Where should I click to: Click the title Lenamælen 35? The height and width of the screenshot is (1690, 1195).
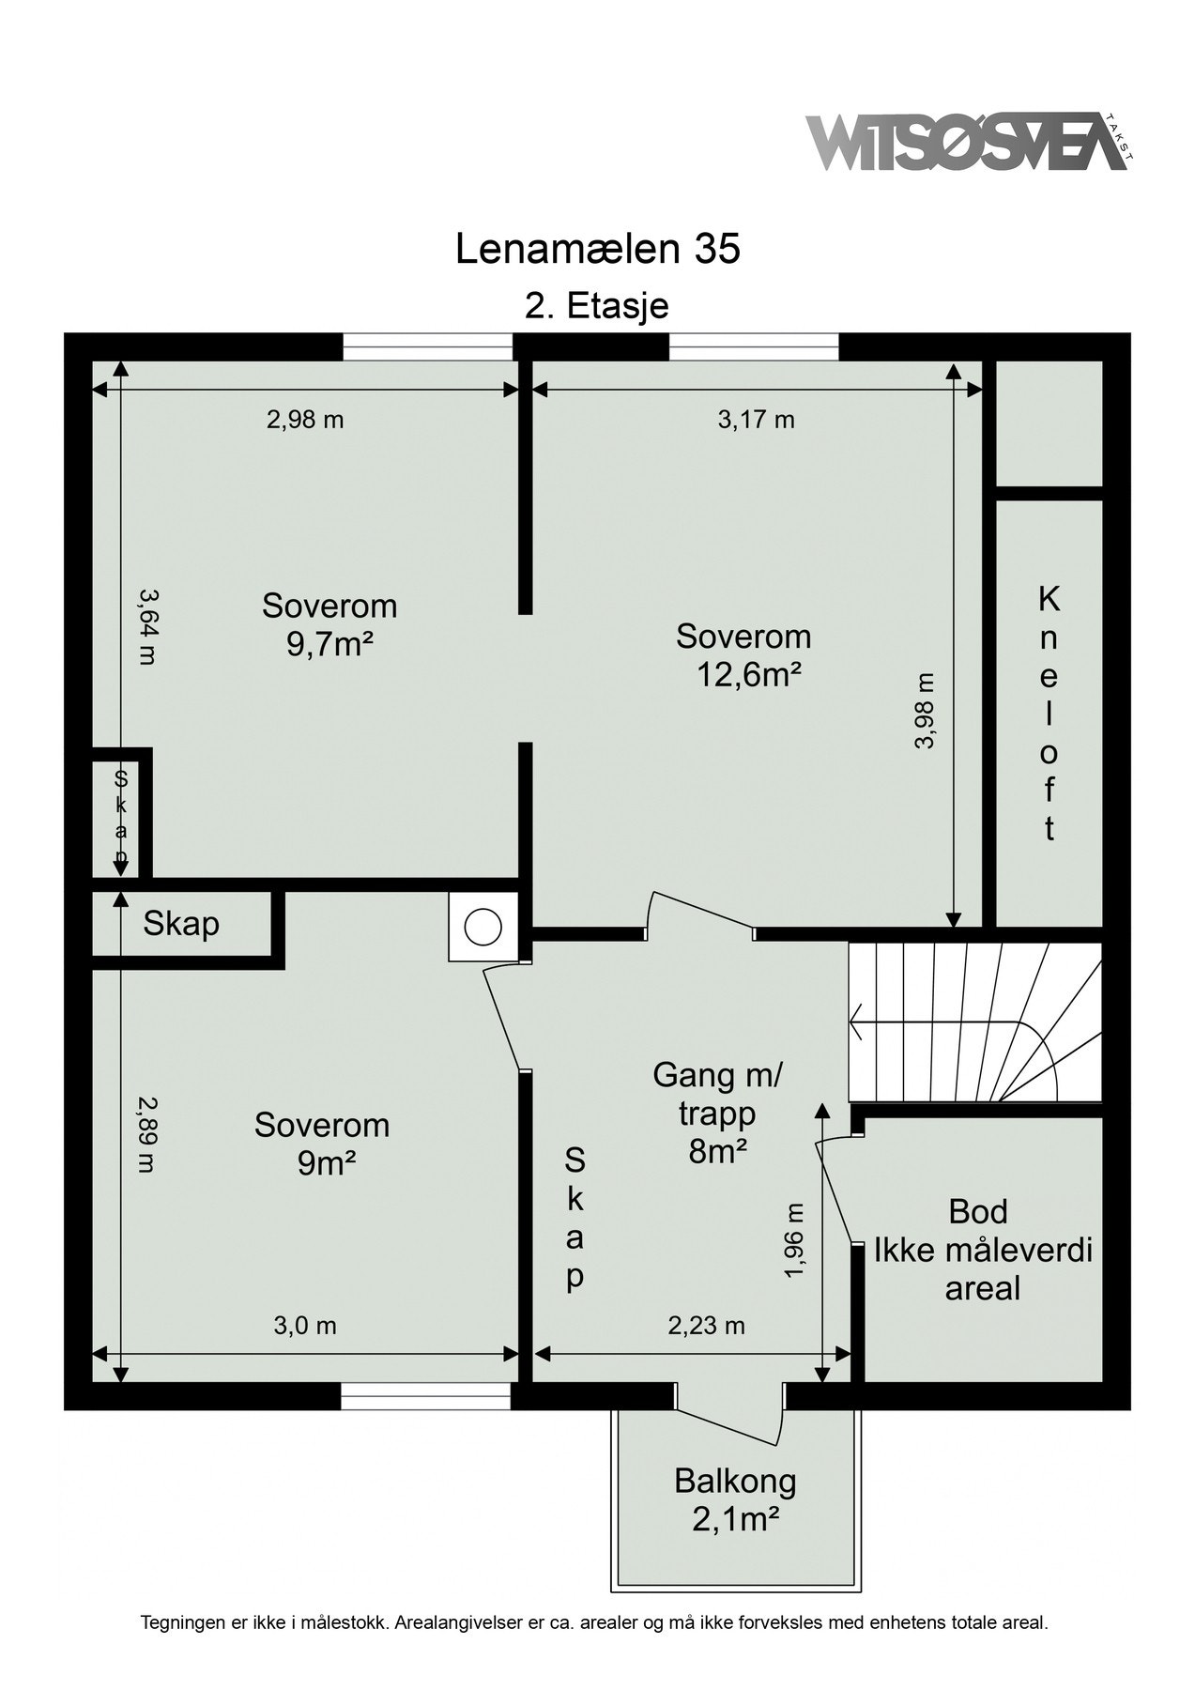pyautogui.click(x=598, y=250)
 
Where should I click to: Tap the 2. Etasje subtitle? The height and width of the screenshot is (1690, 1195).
pyautogui.click(x=597, y=307)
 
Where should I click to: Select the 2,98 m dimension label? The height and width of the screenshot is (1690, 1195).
pyautogui.click(x=305, y=420)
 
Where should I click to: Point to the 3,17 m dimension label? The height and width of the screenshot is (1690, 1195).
pyautogui.click(x=757, y=420)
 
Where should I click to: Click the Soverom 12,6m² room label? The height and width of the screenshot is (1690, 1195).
pyautogui.click(x=743, y=655)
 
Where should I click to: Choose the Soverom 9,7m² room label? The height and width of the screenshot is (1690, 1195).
pyautogui.click(x=329, y=624)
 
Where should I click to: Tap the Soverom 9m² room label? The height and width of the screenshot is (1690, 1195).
pyautogui.click(x=322, y=1144)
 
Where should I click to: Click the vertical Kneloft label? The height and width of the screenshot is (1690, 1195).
pyautogui.click(x=1049, y=714)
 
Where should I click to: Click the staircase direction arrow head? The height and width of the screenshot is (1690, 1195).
pyautogui.click(x=855, y=1021)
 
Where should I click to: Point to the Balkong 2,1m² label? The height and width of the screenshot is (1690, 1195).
pyautogui.click(x=735, y=1499)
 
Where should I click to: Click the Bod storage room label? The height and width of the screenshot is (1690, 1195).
pyautogui.click(x=978, y=1211)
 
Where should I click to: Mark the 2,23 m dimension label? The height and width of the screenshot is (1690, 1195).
pyautogui.click(x=706, y=1326)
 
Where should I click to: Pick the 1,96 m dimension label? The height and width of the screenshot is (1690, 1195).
pyautogui.click(x=794, y=1240)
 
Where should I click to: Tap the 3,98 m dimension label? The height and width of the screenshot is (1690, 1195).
pyautogui.click(x=926, y=711)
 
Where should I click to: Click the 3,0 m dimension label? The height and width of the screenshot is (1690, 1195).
pyautogui.click(x=305, y=1326)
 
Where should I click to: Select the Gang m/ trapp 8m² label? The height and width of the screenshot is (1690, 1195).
pyautogui.click(x=717, y=1113)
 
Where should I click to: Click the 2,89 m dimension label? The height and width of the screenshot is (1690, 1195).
pyautogui.click(x=146, y=1135)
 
